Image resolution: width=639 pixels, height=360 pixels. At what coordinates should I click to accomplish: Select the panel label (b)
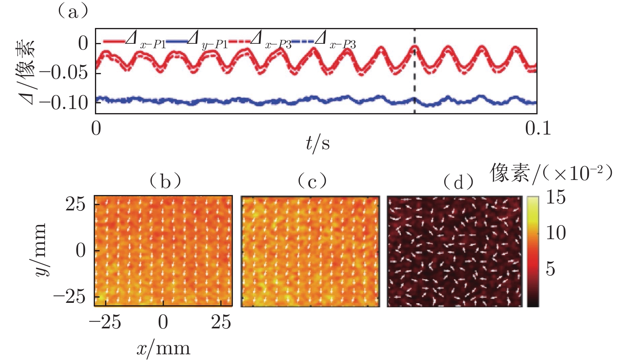click(165, 181)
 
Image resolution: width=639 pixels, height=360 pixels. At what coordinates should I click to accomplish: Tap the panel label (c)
click(312, 181)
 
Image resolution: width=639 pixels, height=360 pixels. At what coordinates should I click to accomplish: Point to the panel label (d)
click(458, 182)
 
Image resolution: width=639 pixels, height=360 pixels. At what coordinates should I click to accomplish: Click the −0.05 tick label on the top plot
click(64, 73)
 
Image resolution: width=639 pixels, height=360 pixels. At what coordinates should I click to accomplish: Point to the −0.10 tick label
click(64, 103)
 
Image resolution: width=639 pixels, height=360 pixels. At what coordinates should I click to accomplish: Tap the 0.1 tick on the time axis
click(538, 129)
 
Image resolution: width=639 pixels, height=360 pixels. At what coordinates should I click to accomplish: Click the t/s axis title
click(318, 143)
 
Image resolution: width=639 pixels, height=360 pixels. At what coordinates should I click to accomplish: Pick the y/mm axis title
click(40, 250)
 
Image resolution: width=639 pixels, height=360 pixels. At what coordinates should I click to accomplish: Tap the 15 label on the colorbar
click(556, 197)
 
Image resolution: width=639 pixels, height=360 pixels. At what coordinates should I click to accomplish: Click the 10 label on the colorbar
click(556, 233)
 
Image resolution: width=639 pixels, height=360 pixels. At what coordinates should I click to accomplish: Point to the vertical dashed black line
click(414, 81)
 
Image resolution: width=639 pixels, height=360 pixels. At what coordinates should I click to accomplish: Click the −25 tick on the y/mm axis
click(70, 297)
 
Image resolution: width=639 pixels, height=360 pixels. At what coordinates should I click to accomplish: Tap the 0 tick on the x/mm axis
click(163, 322)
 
